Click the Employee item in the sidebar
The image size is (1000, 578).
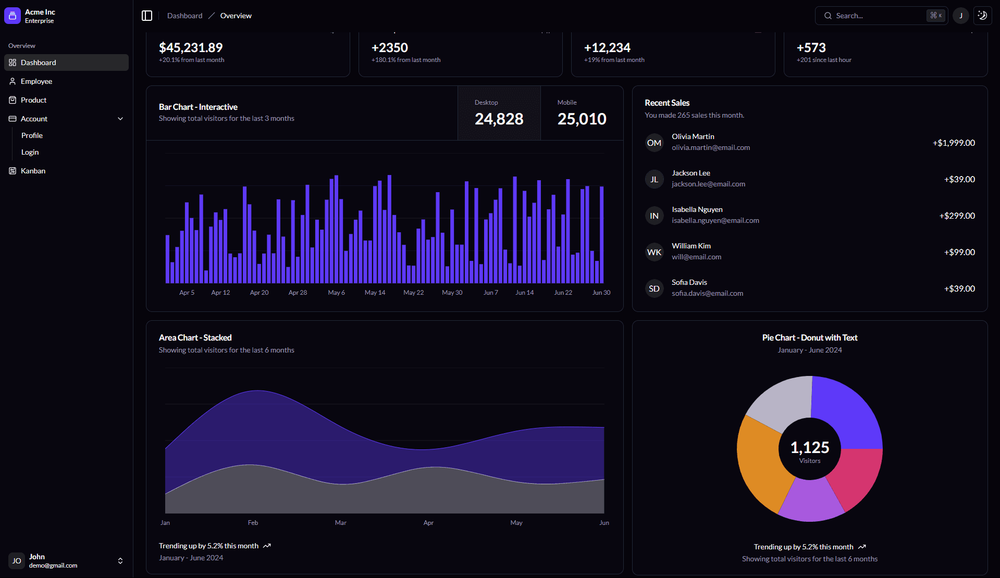point(36,81)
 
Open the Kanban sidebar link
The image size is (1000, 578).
point(33,171)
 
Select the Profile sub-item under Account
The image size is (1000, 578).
point(32,135)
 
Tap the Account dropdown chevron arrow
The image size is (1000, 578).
point(120,119)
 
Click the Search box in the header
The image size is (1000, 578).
point(875,16)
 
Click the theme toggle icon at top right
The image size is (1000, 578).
point(982,16)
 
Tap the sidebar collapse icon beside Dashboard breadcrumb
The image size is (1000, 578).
point(147,16)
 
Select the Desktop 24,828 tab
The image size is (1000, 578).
point(499,113)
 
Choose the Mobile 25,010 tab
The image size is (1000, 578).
point(582,113)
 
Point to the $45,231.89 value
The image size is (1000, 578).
point(191,48)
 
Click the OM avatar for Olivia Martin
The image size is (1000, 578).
point(654,143)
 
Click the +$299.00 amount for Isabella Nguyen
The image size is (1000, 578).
point(957,216)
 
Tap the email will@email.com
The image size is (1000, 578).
point(696,257)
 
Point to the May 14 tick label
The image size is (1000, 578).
point(375,293)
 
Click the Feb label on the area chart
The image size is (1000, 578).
point(253,523)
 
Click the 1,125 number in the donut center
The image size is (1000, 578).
point(809,447)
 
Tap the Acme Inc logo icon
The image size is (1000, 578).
point(13,16)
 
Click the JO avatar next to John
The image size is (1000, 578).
point(17,561)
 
